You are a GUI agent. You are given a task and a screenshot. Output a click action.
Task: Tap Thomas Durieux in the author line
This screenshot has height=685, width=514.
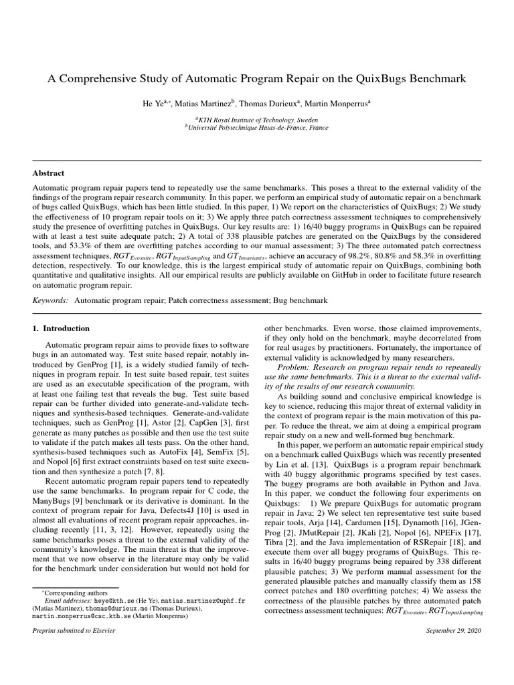tap(268, 103)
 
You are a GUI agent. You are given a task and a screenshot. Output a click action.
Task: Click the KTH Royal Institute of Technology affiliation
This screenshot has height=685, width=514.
tap(256, 119)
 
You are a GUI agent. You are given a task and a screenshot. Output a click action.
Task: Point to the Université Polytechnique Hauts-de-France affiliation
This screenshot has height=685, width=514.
tap(256, 127)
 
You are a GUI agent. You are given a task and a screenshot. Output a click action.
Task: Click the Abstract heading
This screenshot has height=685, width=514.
tap(49, 173)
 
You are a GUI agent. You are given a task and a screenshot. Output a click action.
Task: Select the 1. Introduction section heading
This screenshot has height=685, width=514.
tap(61, 328)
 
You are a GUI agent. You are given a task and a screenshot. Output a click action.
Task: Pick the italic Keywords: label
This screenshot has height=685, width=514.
tap(51, 301)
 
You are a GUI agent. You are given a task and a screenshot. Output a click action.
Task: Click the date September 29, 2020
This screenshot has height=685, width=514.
tap(454, 631)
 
